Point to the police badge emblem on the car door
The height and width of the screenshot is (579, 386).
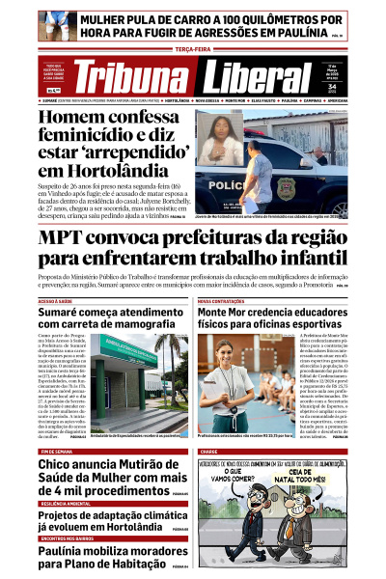285,185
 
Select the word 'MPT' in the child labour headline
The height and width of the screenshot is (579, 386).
69,238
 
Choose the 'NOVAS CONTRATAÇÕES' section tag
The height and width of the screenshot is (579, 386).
224,300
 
